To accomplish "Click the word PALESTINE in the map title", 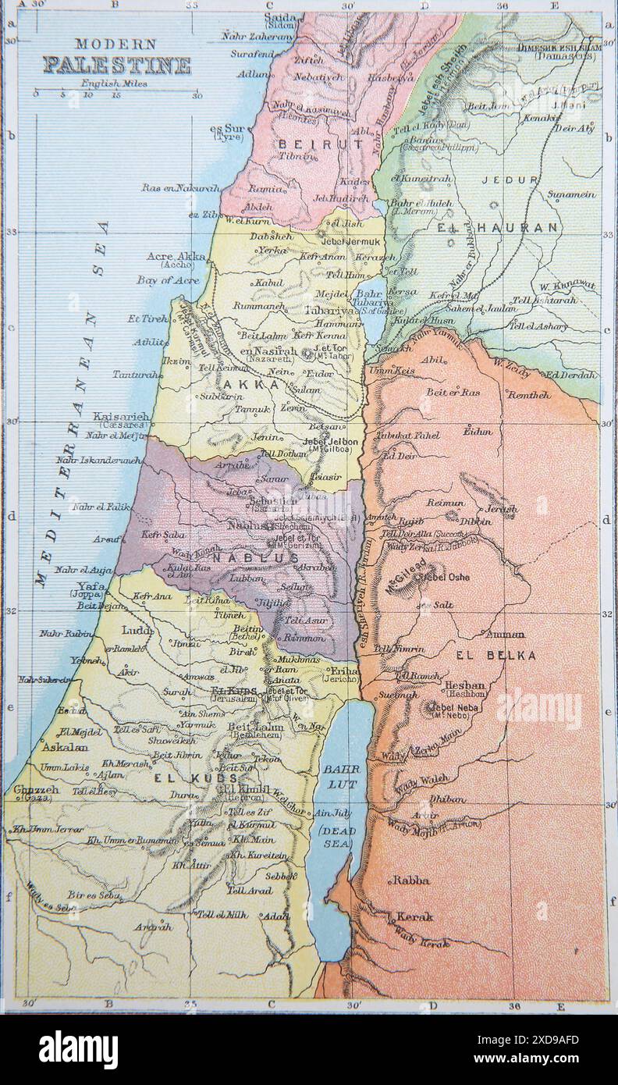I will [x=116, y=65].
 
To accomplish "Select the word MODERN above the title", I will [x=115, y=44].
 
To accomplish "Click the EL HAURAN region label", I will [x=497, y=228].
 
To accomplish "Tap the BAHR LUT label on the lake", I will [x=341, y=775].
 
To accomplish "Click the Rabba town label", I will [x=410, y=880].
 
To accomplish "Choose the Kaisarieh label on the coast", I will [x=122, y=417].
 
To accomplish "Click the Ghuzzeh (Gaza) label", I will [x=35, y=793].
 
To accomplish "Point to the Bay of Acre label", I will [x=163, y=279].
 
